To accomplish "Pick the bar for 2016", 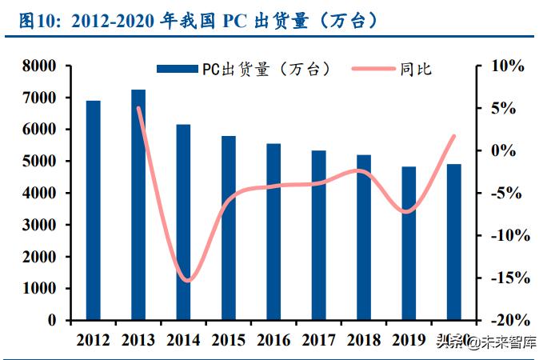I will (x=273, y=232).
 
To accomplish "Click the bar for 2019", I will (x=409, y=243).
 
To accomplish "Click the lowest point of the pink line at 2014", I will (x=186, y=281).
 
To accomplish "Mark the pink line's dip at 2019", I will (x=408, y=212).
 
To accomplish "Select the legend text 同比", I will (x=417, y=70).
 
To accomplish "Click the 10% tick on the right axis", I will (x=505, y=66).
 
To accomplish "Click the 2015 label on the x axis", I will (x=229, y=340).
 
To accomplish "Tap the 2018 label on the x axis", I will (x=364, y=340).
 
